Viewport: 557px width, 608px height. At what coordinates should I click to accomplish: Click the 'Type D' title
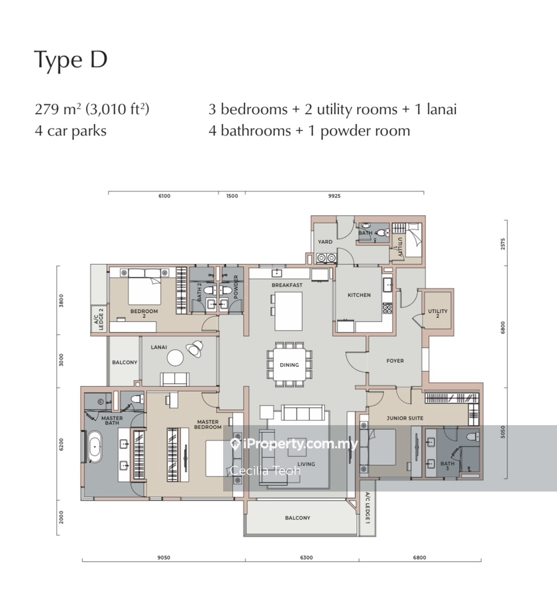(70, 61)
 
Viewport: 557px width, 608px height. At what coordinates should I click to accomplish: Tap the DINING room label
(290, 365)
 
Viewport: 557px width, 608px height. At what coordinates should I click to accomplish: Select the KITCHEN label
(359, 295)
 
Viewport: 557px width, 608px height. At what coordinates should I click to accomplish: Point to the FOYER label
(395, 360)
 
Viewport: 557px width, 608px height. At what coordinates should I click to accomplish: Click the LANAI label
(158, 347)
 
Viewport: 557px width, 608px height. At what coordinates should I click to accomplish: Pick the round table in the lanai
(175, 358)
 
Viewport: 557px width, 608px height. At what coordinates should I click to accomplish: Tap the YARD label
(325, 242)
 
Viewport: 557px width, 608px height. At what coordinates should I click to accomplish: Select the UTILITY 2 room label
(438, 313)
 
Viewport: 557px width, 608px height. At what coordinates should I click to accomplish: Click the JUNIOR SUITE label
(404, 418)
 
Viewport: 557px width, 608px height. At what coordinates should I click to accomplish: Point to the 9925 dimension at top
(334, 196)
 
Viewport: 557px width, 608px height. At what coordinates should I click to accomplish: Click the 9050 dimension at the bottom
(164, 557)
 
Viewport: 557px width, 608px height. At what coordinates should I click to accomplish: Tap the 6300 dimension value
(306, 557)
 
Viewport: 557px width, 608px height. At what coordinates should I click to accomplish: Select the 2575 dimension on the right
(503, 244)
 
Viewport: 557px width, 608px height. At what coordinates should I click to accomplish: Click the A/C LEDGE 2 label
(98, 319)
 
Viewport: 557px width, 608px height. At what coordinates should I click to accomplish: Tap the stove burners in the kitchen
(387, 308)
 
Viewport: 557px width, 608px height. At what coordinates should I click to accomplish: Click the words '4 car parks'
(70, 131)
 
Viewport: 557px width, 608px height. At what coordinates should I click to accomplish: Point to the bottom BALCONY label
(298, 518)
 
